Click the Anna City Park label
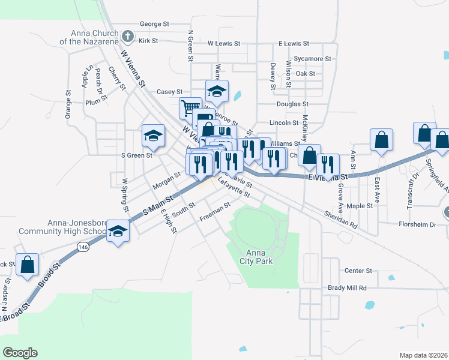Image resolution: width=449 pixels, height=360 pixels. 259,257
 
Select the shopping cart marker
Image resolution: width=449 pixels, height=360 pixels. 190,108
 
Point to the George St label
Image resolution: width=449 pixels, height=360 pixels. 154,24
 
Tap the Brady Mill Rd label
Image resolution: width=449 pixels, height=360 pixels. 347,288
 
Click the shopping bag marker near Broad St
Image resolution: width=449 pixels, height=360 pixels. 28,265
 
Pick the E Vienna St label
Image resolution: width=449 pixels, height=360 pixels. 328,178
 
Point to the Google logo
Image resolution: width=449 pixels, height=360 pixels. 20,353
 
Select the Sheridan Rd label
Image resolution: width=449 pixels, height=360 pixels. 340,219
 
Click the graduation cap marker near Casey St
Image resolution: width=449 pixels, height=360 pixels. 217,91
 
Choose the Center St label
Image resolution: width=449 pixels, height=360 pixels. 358,271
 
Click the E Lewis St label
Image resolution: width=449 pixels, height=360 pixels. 294,44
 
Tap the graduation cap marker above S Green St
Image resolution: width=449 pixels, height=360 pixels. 153,135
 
